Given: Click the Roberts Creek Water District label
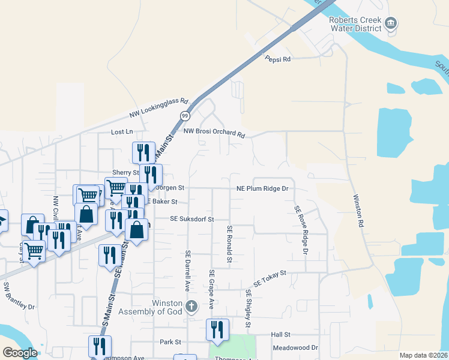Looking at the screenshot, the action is [x=355, y=24].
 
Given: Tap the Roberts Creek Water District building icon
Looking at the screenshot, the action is [x=391, y=23].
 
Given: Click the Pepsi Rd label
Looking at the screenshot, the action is [x=278, y=59].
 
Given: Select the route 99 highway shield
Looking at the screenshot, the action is [x=185, y=116].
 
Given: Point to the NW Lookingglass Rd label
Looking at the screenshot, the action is [x=159, y=109].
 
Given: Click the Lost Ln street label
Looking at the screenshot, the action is [x=121, y=131].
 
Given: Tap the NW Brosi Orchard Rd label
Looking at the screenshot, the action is [x=214, y=133].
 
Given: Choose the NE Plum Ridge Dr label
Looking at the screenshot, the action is [x=263, y=188].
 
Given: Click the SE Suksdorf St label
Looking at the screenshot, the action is [x=192, y=220].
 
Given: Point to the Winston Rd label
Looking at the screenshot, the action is [x=358, y=210].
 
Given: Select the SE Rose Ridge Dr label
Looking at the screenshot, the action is [x=301, y=230].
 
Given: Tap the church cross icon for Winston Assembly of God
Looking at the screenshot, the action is [x=191, y=307].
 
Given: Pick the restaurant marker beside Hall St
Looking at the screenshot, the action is [x=217, y=330].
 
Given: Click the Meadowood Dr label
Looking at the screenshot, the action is [x=295, y=347].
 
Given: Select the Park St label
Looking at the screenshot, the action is [x=170, y=342].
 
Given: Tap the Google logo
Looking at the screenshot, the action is [x=20, y=353].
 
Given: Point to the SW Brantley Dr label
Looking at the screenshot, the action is [x=19, y=296].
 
